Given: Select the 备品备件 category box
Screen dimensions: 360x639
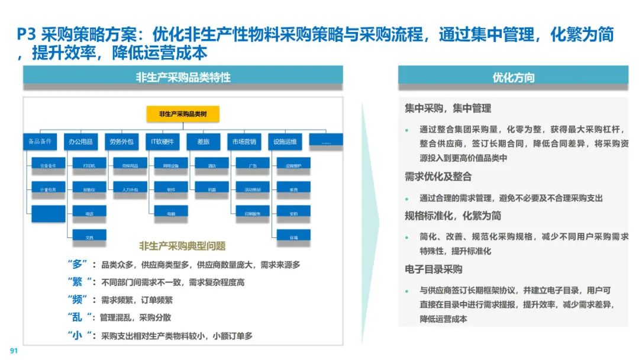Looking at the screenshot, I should pos(40,142).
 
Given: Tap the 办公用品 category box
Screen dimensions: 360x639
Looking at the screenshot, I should pos(80,142).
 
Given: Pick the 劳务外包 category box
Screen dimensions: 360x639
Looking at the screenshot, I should pos(121,142).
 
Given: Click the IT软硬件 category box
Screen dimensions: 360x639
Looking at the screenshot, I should pos(162,142).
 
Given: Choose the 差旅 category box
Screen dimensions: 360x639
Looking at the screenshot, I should pos(203,142).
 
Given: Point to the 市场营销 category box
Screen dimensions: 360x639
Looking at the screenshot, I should pos(244,142).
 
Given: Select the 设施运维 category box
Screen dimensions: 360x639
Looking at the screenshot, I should pos(285,142).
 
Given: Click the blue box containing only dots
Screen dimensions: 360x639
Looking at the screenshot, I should pos(325,141).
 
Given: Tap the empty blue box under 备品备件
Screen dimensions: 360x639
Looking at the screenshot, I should pos(49,213).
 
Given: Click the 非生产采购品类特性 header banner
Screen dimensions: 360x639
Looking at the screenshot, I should pos(183,77).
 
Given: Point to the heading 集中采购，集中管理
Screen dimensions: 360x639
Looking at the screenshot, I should pos(448,108).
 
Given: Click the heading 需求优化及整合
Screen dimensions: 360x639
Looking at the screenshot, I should pos(438,176).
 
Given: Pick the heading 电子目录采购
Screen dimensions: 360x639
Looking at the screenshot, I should pos(434,269).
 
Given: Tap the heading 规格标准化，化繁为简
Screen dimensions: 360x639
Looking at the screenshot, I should pos(453,216).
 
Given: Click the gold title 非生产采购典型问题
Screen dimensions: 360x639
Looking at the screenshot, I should pos(182,246).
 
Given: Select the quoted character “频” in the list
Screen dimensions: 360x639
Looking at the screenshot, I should pos(78,300).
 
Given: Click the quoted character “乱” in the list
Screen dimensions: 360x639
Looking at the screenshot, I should pos(78,317).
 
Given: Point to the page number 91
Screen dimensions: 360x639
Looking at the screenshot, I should pos(14,351).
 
